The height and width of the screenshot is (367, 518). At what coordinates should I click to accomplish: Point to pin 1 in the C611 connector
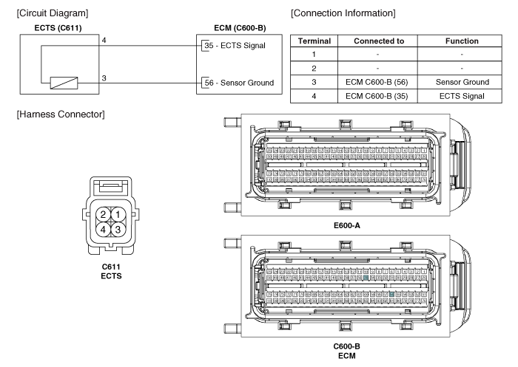click(117, 214)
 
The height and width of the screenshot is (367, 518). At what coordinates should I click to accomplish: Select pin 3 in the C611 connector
click(117, 229)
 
